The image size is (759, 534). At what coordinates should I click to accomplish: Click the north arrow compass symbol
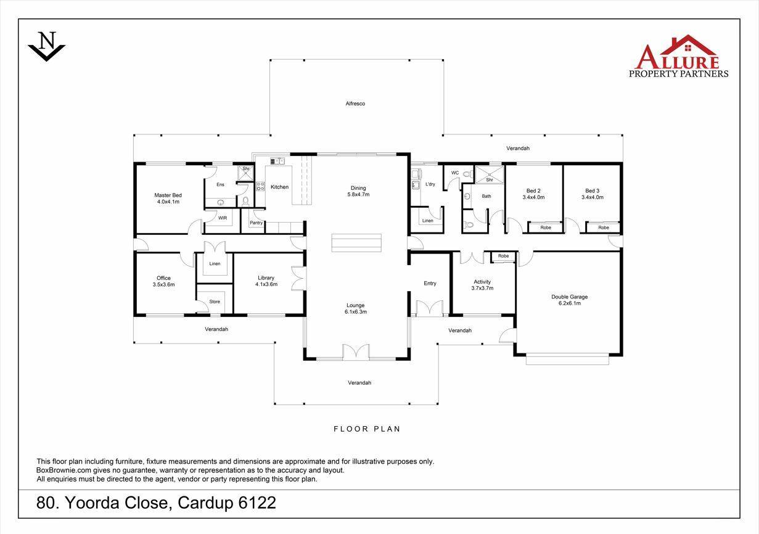point(46,46)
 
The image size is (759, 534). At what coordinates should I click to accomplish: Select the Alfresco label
point(355,104)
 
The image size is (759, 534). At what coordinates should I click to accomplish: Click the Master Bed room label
point(168,195)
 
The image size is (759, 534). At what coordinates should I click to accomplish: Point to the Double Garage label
point(569,297)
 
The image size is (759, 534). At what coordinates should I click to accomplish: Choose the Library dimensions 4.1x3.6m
point(266,284)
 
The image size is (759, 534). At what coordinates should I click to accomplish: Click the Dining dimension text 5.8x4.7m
point(358,194)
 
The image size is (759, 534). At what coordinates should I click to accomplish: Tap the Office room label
point(163,278)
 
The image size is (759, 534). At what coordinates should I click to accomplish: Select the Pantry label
point(256,223)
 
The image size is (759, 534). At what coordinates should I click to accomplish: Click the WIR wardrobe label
point(223,218)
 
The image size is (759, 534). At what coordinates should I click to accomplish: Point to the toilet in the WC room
point(467,174)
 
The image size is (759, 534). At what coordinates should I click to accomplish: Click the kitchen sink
point(277,161)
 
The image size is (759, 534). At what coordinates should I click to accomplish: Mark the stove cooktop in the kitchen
point(260,186)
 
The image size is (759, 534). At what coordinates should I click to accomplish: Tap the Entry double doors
point(429,308)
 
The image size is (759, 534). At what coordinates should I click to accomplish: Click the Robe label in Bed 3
point(604,228)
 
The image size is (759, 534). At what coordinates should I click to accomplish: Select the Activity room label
point(482,282)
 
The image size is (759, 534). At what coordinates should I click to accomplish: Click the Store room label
point(215,302)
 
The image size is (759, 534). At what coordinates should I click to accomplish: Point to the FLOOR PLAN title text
point(367,429)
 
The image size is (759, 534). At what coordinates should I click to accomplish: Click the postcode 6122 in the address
point(257,503)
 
